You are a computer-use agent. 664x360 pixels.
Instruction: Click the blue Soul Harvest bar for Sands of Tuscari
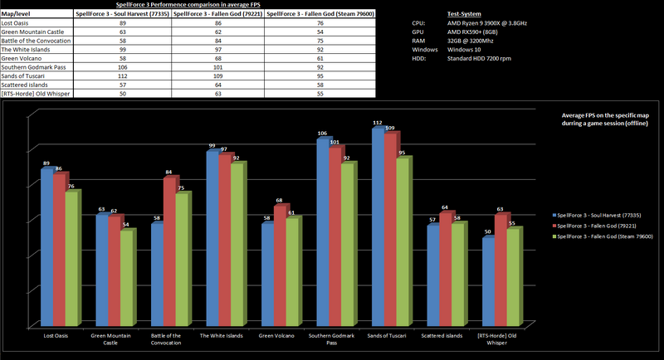[x=378, y=228]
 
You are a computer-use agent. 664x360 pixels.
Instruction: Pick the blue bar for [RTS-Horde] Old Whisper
[x=488, y=282]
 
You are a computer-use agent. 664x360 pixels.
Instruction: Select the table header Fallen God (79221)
[x=217, y=16]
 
